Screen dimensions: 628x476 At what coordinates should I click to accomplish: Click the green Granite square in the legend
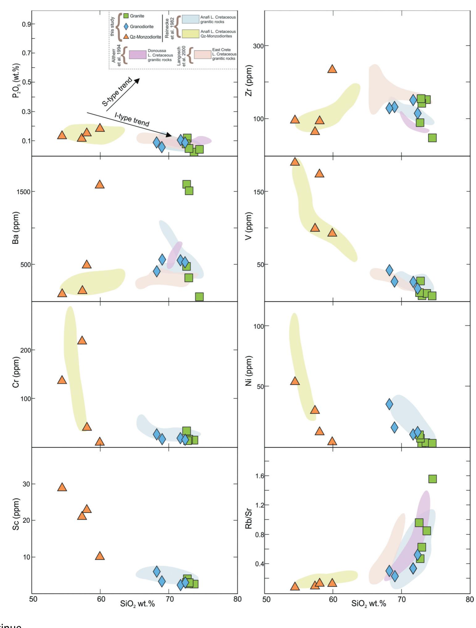click(126, 16)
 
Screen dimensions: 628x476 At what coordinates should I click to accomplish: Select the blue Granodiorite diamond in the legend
click(126, 27)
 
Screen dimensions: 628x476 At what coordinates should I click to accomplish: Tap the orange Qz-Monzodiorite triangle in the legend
click(126, 37)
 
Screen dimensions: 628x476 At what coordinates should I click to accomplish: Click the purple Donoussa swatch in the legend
click(137, 55)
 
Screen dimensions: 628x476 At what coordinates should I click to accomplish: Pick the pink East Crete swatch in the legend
click(202, 55)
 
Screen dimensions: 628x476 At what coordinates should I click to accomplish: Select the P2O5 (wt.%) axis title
click(16, 81)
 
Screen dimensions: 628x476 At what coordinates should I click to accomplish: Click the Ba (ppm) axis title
click(16, 228)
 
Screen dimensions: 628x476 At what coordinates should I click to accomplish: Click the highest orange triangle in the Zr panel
click(332, 69)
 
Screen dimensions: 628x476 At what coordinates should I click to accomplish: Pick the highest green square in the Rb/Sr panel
click(432, 479)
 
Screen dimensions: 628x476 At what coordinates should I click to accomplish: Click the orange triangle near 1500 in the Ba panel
click(99, 184)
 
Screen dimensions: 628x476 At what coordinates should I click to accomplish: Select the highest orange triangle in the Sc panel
click(62, 487)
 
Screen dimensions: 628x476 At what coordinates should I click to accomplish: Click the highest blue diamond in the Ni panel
click(389, 404)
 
